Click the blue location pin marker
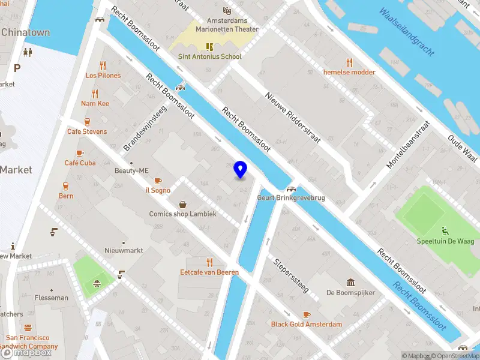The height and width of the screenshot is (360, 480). point(240,170)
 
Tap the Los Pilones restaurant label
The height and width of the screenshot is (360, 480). point(103,76)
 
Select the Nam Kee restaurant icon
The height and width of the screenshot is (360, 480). point(95,94)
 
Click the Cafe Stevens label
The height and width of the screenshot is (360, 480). point(87,131)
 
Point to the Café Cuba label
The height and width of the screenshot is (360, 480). point(80,163)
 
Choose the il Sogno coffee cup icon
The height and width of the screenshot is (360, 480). point(158,181)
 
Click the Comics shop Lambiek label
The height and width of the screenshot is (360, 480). point(187,214)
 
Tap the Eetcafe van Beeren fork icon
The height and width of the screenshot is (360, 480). point(209,262)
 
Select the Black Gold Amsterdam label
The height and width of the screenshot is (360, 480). point(307,325)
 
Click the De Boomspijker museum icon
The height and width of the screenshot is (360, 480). point(351,283)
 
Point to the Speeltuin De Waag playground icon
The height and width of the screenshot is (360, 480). point(445,231)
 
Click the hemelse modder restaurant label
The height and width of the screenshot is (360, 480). point(349,72)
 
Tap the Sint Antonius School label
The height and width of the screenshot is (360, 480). point(209,56)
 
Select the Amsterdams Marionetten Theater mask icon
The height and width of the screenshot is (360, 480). point(227,11)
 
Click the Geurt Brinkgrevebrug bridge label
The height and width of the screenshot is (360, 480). point(291,197)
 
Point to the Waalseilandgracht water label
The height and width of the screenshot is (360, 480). point(406,32)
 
